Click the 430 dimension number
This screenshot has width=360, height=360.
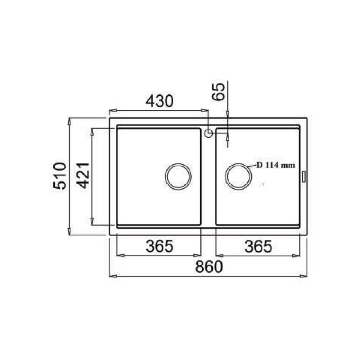(x=159, y=101)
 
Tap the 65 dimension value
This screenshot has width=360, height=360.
(x=219, y=92)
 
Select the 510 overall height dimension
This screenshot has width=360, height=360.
(x=59, y=176)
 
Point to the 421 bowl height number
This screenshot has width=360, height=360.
(x=83, y=176)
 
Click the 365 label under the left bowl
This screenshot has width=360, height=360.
(x=159, y=246)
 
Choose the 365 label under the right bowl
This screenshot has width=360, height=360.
(x=258, y=247)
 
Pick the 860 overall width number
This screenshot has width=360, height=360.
(x=209, y=266)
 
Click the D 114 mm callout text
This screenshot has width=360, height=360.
(x=275, y=165)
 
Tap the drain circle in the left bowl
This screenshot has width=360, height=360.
(x=178, y=164)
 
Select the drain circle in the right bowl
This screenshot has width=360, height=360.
(x=238, y=164)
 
